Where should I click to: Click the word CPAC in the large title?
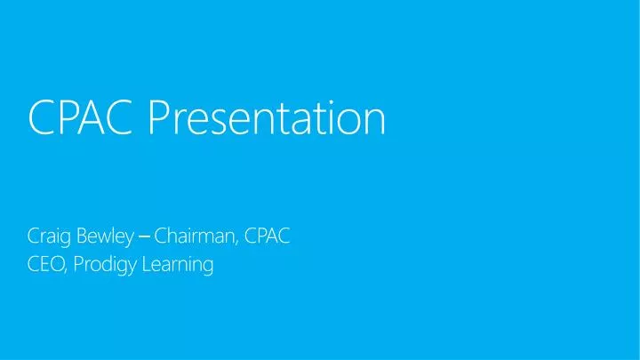83,119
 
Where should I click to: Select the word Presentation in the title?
267,119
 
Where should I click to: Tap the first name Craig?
47,237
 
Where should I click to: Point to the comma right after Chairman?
237,243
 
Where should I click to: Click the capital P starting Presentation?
158,119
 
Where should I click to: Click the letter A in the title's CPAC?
95,119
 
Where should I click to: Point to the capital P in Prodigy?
75,264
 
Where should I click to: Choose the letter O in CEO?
55,264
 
